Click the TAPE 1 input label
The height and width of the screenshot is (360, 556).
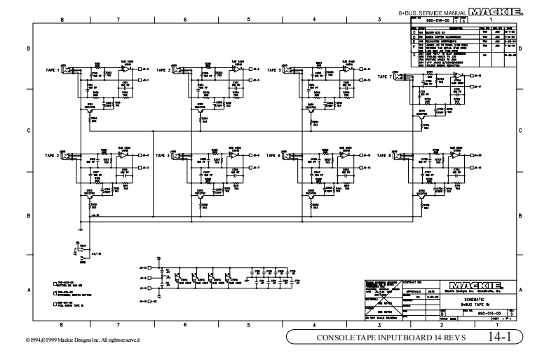click(x=53, y=71)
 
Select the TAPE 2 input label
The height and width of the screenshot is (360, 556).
click(x=53, y=155)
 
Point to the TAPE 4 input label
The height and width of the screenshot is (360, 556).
click(x=163, y=155)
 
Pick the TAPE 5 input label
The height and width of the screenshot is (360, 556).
click(x=273, y=71)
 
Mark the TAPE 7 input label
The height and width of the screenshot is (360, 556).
click(x=385, y=76)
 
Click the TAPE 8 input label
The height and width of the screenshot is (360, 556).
click(x=385, y=155)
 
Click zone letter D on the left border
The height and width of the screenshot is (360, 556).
click(x=28, y=48)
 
